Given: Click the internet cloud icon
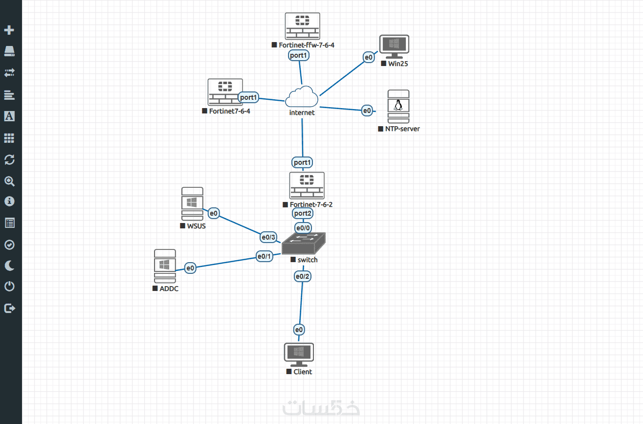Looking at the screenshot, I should click(x=301, y=97).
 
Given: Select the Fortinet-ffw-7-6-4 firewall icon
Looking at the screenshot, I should click(x=303, y=26).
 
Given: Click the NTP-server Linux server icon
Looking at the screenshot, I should click(x=398, y=107).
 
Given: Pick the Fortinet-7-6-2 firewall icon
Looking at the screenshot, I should click(x=307, y=185).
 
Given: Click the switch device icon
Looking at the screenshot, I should click(x=304, y=243).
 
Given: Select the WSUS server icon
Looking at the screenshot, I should click(x=192, y=204).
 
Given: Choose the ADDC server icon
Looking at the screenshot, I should click(x=165, y=266).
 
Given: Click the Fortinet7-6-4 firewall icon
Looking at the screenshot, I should click(x=225, y=92).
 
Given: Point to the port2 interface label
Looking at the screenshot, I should click(x=303, y=213).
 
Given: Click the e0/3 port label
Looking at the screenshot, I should click(x=268, y=238).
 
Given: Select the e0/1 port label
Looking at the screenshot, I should click(x=265, y=256).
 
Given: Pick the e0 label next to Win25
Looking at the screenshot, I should click(x=369, y=57).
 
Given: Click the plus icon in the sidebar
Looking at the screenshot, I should click(x=9, y=30).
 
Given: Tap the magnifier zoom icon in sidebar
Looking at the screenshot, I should click(x=9, y=181).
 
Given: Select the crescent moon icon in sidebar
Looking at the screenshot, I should click(x=9, y=266).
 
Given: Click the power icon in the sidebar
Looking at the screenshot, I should click(x=9, y=286).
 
